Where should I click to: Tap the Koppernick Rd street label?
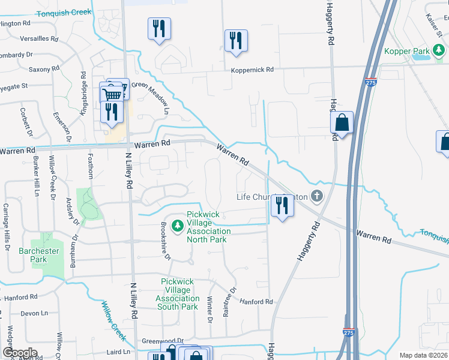(252, 70)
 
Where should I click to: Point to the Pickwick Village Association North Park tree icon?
(177, 226)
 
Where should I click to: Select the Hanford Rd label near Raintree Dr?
(256, 302)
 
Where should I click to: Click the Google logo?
(20, 353)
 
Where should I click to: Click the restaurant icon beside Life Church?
(281, 206)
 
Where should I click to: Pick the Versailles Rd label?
(38, 39)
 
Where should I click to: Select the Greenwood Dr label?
(162, 341)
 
